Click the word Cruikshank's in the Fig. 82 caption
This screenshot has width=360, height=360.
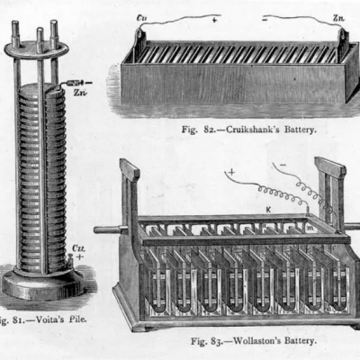pyautogui.click(x=253, y=130)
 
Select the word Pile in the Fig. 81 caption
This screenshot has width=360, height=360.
pyautogui.click(x=78, y=319)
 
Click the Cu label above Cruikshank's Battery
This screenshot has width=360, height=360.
pyautogui.click(x=141, y=18)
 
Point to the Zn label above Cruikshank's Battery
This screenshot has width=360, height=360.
pyautogui.click(x=338, y=18)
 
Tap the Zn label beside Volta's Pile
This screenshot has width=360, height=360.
pyautogui.click(x=80, y=93)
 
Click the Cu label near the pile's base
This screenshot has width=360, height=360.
pyautogui.click(x=78, y=249)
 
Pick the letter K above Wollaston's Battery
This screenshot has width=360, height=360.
pyautogui.click(x=268, y=210)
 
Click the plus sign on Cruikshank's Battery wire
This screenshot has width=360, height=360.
pyautogui.click(x=214, y=20)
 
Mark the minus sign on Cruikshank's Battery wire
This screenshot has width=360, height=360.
pyautogui.click(x=265, y=20)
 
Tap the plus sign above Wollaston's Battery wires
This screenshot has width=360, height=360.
pyautogui.click(x=231, y=172)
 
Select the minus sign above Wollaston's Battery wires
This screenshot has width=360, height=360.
pyautogui.click(x=283, y=165)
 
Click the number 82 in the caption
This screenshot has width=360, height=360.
pyautogui.click(x=210, y=130)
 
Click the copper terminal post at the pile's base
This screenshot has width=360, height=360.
pyautogui.click(x=71, y=260)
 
